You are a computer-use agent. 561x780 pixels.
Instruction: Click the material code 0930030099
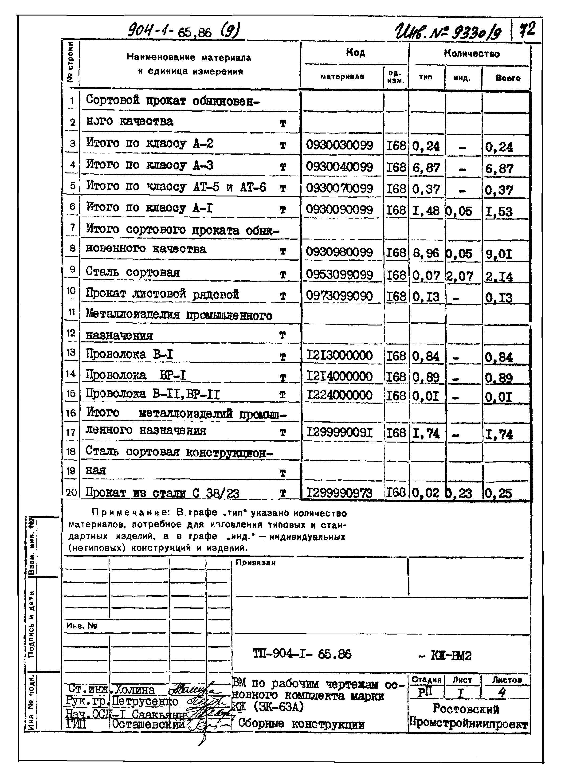(x=339, y=145)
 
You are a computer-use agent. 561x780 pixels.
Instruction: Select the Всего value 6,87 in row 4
(x=499, y=169)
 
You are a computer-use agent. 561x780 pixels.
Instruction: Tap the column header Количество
(x=471, y=53)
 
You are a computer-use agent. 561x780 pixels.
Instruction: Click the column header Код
(x=355, y=52)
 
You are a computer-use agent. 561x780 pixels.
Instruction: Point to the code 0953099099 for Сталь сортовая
(x=339, y=275)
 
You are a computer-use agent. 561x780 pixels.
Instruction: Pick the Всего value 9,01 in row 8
(x=499, y=254)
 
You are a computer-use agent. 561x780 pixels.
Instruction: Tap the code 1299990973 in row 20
(x=339, y=493)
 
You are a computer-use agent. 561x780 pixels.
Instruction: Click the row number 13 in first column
(x=71, y=353)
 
